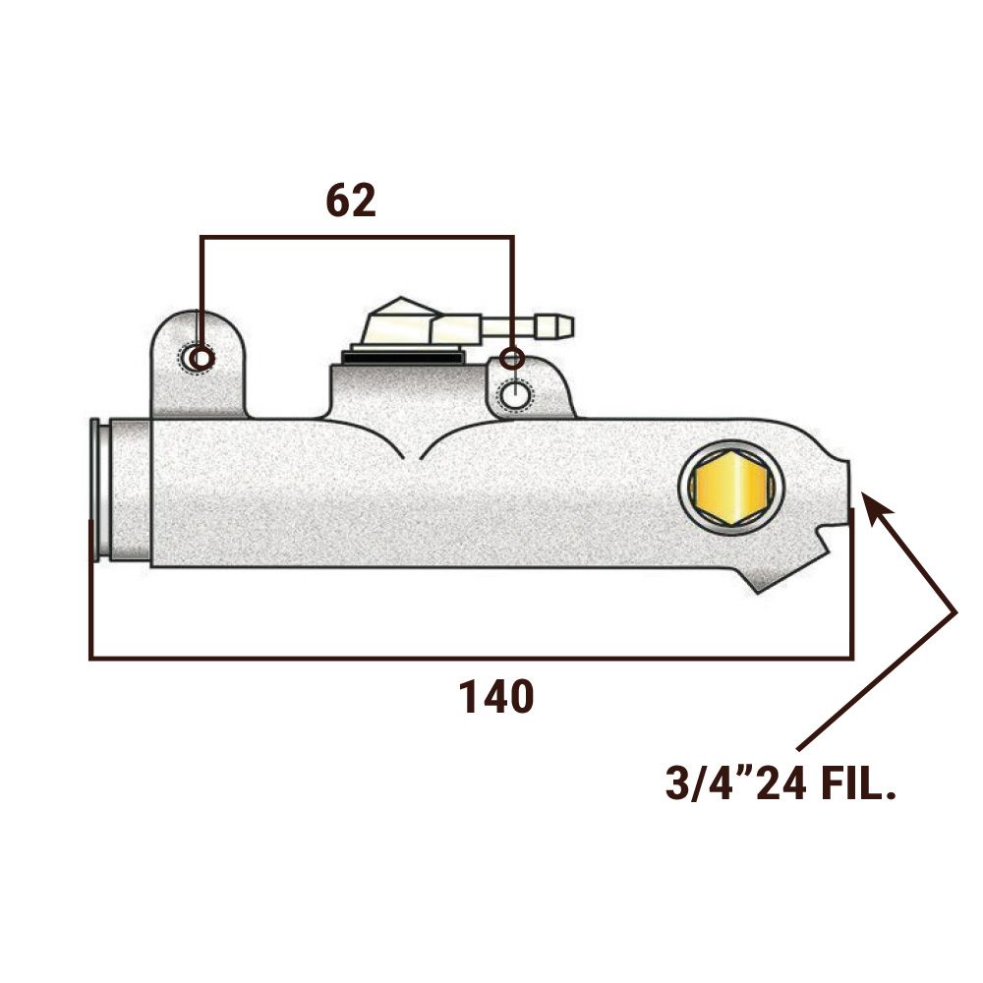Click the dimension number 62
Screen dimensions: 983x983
(351, 201)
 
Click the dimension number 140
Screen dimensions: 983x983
(496, 697)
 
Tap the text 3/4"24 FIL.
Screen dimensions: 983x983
(780, 783)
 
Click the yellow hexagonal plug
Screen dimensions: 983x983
(731, 487)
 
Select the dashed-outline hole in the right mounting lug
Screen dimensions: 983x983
(515, 396)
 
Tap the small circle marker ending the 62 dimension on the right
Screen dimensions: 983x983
(512, 358)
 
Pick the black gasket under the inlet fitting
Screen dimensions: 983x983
(402, 358)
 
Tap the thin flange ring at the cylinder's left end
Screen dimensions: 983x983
(95, 489)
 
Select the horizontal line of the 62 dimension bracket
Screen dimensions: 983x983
(358, 237)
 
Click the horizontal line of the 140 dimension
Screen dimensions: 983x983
(471, 658)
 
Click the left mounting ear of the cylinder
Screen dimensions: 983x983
(199, 364)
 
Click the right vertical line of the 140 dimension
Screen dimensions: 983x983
(851, 583)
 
